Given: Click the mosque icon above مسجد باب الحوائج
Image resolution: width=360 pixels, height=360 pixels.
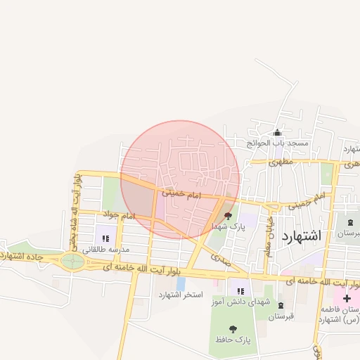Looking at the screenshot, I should (277, 132).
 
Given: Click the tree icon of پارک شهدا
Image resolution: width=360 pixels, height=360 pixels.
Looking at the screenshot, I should (227, 216).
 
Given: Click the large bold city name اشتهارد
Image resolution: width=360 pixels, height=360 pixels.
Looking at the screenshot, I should (301, 236).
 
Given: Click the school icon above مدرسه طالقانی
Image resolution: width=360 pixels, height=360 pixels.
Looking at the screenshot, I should (106, 238).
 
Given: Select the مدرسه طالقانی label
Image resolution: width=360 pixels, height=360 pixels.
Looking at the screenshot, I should (106, 250).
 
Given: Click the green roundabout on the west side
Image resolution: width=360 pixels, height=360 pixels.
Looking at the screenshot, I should (72, 262).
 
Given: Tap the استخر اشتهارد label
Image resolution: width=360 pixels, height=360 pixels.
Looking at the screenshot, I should (180, 294).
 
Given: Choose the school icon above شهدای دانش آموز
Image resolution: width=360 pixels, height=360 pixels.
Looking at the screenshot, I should (240, 291).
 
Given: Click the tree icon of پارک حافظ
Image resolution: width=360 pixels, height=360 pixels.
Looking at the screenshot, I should (233, 328).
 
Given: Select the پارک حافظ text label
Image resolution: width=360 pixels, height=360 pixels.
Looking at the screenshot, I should (233, 340).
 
